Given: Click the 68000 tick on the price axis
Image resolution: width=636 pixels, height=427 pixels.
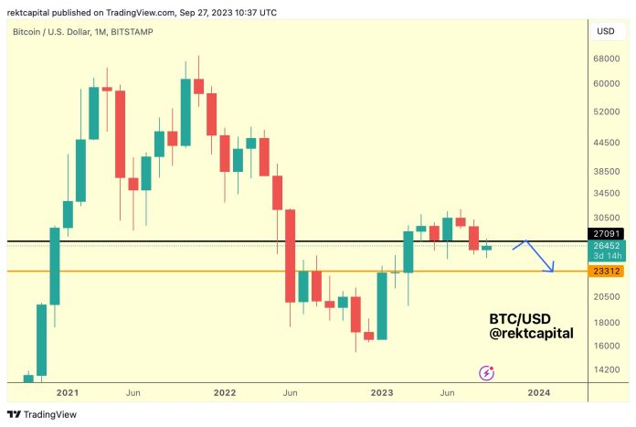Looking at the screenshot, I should coord(606,59).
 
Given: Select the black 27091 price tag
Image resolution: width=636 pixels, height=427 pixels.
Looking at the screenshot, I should coord(606,234).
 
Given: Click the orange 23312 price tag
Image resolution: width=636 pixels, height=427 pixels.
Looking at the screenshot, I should coord(606,272).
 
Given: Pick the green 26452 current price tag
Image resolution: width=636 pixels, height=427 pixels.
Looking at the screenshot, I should coord(606,245).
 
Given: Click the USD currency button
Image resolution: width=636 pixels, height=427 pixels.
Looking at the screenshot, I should coord(606,31).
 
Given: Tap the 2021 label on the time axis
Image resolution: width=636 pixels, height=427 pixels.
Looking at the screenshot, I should coord(67,392).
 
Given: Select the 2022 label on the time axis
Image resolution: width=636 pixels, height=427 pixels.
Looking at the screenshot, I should coord(224,392).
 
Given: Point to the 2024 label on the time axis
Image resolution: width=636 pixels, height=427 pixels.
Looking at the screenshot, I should coord(538,392).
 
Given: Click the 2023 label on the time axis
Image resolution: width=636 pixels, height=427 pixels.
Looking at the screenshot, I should coord(381,392).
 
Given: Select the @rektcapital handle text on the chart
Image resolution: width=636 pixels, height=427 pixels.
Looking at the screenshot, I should coord(532,334).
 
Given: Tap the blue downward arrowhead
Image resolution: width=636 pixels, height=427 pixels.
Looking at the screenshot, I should coord(551,269).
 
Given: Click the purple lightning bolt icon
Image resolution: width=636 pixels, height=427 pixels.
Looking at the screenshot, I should coord(487,372).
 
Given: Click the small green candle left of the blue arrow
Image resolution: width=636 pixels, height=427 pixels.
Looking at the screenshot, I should coord(486,248).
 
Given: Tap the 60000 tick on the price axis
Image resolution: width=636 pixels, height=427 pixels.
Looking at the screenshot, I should coord(606,83).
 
